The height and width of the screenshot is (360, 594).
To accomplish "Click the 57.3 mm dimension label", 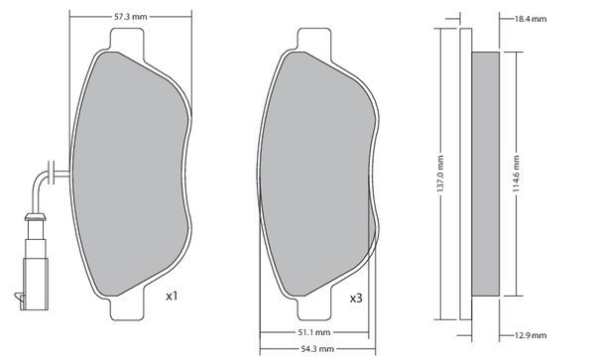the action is tap(130, 17).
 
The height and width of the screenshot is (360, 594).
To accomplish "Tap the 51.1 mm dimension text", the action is tap(313, 332).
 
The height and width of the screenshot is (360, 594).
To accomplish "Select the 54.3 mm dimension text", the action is tap(317, 349).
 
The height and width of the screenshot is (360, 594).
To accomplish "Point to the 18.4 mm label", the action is tap(531, 19).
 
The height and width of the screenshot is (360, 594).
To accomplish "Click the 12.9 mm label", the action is tap(531, 335).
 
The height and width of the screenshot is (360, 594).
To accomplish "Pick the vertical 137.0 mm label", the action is tap(440, 174).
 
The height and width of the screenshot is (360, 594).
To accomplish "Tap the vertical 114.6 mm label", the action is tap(516, 174).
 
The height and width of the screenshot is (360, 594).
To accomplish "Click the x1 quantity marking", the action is tap(172, 296).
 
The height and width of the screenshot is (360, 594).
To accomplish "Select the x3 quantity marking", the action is tap(356, 299).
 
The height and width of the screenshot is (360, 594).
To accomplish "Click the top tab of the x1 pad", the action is tap(127, 40).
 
